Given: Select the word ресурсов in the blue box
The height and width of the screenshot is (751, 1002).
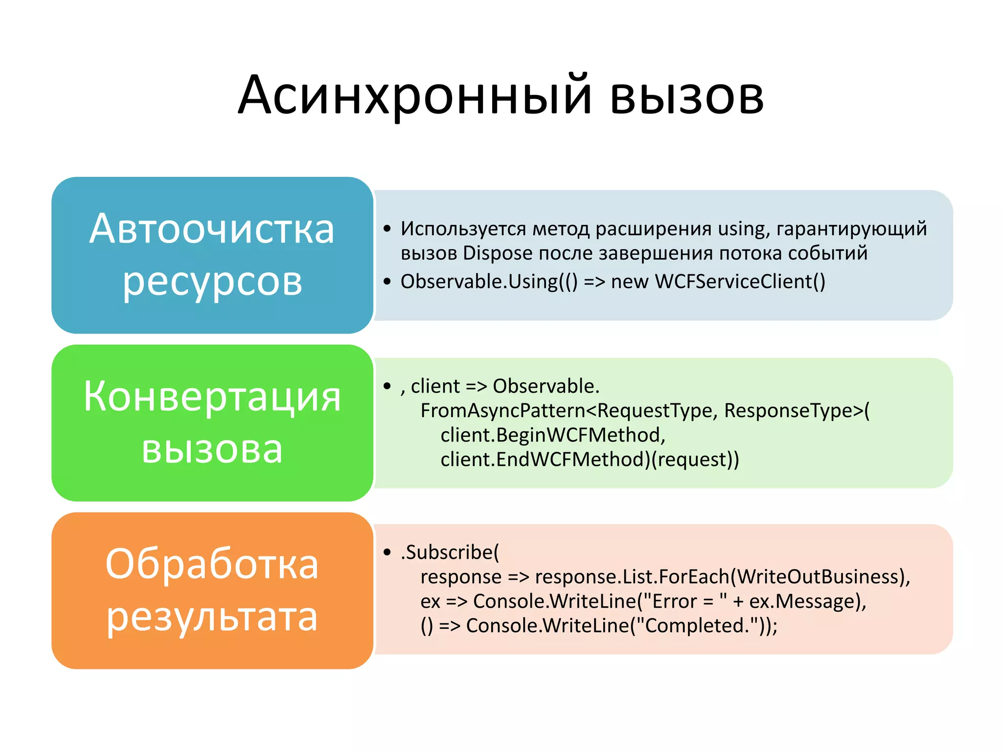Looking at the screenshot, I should (x=212, y=282).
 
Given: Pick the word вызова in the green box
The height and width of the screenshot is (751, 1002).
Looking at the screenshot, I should (x=212, y=449).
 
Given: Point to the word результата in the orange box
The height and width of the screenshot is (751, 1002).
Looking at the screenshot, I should (x=212, y=617).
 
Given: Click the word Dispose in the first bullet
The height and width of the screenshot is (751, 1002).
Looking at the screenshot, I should (x=498, y=253).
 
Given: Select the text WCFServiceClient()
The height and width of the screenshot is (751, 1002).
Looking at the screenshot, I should (x=740, y=282).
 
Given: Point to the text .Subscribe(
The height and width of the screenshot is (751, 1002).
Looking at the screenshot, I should (x=450, y=552).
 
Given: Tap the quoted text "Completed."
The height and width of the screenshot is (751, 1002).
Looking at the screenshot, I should (x=700, y=626).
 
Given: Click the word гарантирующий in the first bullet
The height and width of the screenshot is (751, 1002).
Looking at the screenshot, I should (x=851, y=229).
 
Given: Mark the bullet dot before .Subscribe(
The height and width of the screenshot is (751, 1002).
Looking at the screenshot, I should (x=387, y=552).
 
